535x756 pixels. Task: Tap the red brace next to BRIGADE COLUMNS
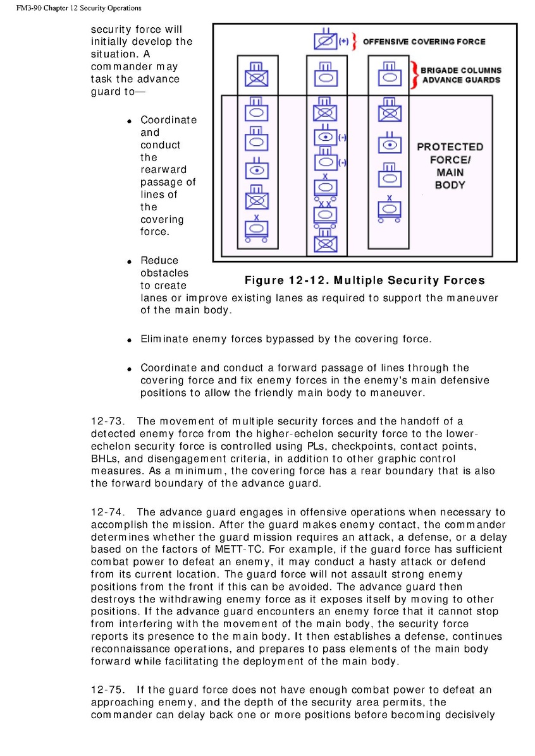click(x=414, y=75)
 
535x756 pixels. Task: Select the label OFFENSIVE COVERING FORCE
click(x=424, y=42)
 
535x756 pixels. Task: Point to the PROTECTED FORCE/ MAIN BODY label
click(x=450, y=165)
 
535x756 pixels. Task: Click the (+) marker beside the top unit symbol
click(x=344, y=42)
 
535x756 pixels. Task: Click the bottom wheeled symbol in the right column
click(x=390, y=209)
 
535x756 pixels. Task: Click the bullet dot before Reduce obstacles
click(x=128, y=261)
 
